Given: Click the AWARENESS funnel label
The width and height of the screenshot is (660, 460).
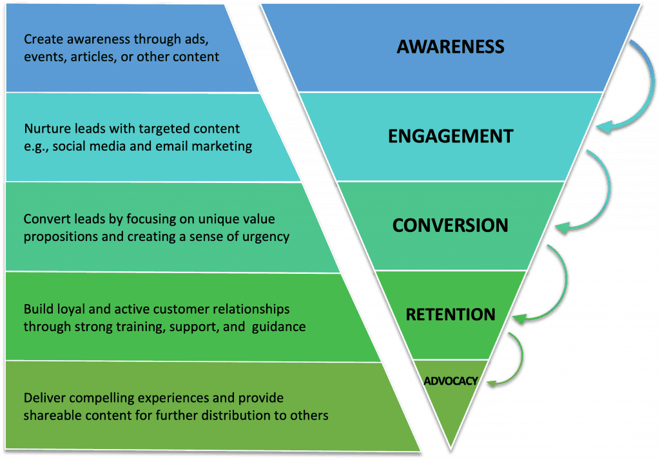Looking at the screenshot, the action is pos(451,46).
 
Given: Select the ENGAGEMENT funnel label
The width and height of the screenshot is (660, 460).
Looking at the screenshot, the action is pos(451,136).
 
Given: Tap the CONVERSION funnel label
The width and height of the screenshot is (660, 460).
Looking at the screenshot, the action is pos(451,225).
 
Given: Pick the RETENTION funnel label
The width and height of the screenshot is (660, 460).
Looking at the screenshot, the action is pos(451,314).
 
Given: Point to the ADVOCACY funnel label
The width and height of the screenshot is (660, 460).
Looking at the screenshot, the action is pos(451,381).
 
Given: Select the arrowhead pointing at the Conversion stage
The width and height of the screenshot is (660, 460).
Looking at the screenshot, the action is pos(564,227).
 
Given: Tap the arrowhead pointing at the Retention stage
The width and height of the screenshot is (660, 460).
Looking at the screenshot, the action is pos(520,319).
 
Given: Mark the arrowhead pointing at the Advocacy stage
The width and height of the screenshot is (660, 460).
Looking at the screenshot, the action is pos(493,383).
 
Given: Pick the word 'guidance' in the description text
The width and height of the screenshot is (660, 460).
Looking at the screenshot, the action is pos(278,327).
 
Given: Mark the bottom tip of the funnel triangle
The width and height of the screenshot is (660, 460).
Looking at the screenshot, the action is pos(451,448).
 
